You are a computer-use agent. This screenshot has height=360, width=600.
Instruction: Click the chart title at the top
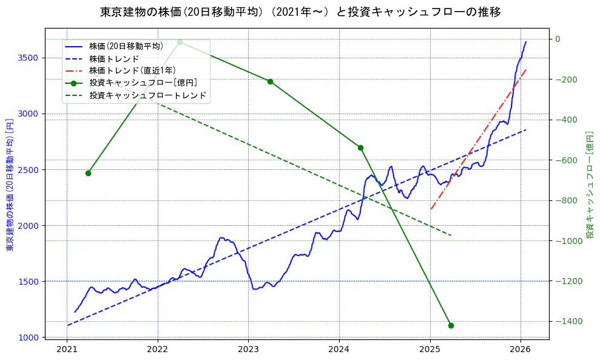pyautogui.click(x=300, y=12)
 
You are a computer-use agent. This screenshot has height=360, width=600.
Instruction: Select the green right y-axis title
pyautogui.click(x=589, y=184)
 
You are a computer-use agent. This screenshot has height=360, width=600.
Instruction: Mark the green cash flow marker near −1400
pyautogui.click(x=451, y=325)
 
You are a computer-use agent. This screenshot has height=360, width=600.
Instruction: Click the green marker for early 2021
pyautogui.click(x=88, y=173)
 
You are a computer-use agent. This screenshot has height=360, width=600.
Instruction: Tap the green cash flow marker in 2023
pyautogui.click(x=270, y=81)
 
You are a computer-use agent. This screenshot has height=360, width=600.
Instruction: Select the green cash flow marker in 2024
pyautogui.click(x=360, y=148)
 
